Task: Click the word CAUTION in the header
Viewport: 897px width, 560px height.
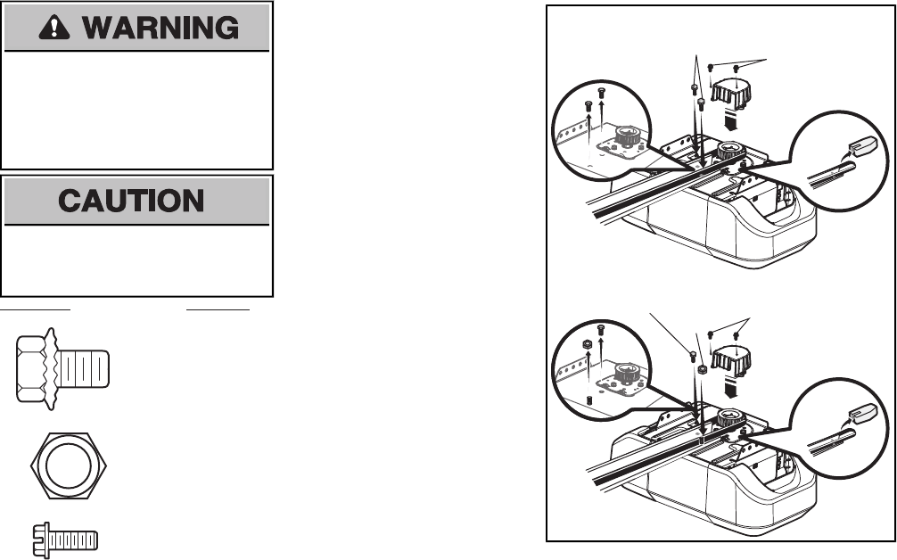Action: tap(137, 200)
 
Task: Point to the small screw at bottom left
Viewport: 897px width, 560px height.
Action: tap(70, 539)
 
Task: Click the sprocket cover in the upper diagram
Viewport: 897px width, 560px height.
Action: tap(731, 91)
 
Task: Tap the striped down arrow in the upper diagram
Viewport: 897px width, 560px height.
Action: tap(731, 119)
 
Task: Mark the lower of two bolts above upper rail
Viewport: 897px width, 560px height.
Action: tap(701, 104)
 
